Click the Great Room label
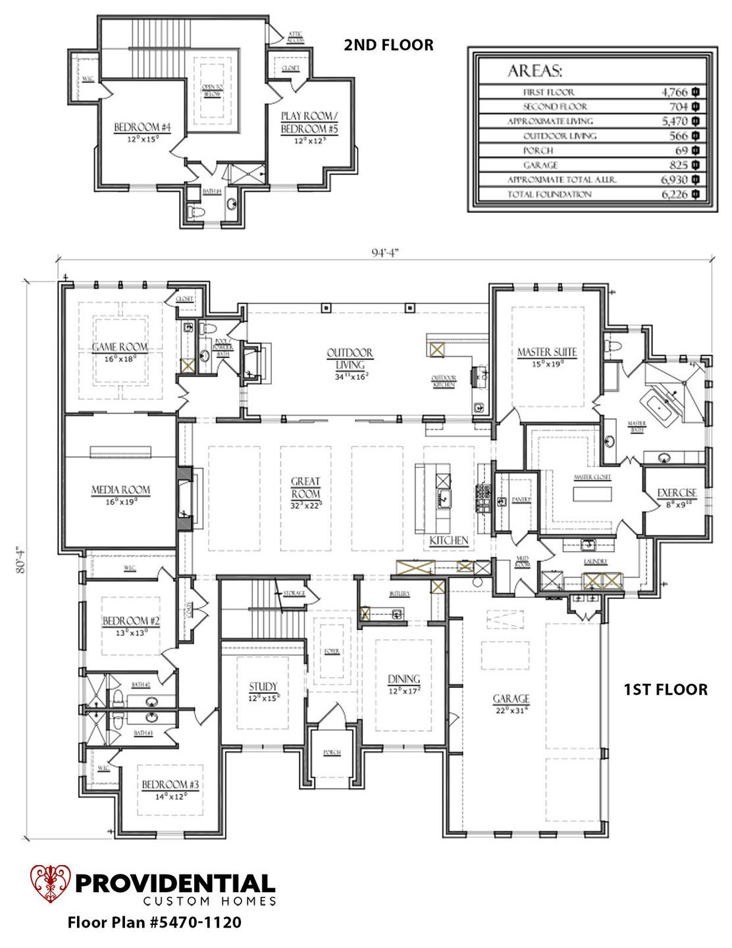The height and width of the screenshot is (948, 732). [x=306, y=487]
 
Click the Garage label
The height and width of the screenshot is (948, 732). [x=511, y=698]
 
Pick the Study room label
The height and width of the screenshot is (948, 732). [x=263, y=686]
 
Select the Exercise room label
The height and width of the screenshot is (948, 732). [x=676, y=492]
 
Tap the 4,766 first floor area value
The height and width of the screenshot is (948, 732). [x=674, y=92]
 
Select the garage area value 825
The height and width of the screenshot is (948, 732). [x=678, y=165]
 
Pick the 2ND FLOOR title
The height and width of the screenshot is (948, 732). [x=388, y=45]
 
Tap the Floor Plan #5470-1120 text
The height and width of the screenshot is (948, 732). [x=154, y=923]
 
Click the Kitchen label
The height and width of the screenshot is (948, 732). [x=449, y=540]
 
